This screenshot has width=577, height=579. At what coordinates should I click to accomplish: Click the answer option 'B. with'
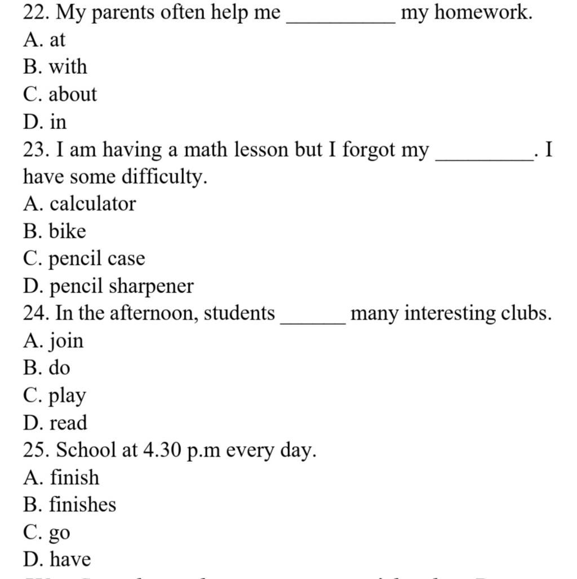tap(55, 67)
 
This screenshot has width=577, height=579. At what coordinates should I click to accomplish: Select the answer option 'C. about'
tap(60, 94)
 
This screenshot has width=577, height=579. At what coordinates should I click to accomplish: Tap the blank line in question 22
tap(340, 20)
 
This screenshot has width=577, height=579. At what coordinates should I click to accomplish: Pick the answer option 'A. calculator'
tap(79, 204)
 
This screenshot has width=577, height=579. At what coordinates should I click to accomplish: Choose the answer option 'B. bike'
tap(55, 231)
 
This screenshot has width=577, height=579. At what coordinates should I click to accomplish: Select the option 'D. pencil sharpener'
tap(108, 286)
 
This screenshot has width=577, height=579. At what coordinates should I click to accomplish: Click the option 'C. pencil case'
tap(84, 259)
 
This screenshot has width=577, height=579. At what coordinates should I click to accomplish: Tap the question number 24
tap(35, 313)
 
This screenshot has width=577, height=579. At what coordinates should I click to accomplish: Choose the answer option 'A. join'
tap(54, 341)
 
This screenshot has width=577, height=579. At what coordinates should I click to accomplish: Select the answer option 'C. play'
tap(55, 396)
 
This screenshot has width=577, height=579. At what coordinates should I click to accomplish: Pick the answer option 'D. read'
tap(55, 423)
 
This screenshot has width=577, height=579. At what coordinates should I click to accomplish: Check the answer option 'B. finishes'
tap(70, 504)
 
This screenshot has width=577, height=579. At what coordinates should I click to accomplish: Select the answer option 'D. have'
tap(57, 559)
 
